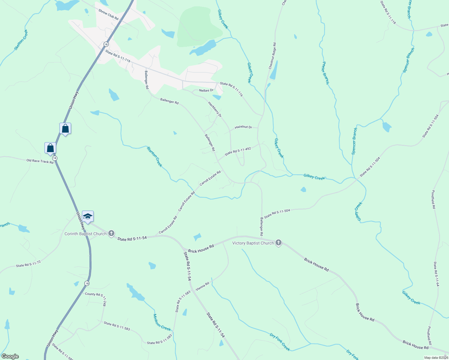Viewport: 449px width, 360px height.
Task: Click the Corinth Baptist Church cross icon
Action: tap(111, 233)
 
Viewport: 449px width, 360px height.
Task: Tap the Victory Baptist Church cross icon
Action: tap(278, 243)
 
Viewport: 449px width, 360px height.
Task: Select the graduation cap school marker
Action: tap(88, 216)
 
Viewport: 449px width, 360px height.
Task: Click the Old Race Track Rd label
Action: tap(40, 161)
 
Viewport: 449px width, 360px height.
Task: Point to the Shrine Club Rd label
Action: tap(108, 14)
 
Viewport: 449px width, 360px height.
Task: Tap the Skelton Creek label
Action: tap(21, 40)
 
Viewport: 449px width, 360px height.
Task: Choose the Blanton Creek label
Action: tap(154, 157)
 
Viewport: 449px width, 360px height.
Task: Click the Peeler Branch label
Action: tap(326, 73)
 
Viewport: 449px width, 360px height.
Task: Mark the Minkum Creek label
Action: tap(162, 322)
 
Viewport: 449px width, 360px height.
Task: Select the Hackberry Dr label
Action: tap(215, 109)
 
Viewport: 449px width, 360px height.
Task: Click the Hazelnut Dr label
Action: tap(243, 127)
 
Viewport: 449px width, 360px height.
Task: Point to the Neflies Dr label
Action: tap(206, 90)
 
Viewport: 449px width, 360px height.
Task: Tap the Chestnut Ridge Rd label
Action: tap(272, 56)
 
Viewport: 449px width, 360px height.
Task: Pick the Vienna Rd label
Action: tap(202, 286)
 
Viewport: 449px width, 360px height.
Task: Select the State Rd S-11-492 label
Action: tap(238, 151)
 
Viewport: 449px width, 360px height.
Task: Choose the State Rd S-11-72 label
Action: tap(28, 264)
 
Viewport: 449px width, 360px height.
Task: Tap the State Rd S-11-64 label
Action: tap(436, 274)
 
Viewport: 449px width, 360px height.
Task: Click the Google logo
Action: tap(10, 356)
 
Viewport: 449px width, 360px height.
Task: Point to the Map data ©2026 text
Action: tap(436, 358)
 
